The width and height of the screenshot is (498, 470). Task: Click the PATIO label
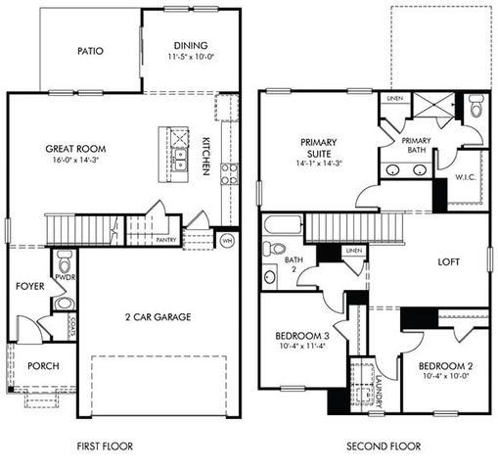(90, 52)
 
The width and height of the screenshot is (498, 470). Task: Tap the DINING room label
(191, 45)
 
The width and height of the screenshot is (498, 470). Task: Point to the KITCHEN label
(206, 155)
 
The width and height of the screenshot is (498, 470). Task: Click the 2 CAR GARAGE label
(157, 316)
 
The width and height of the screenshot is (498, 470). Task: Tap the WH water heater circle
(227, 240)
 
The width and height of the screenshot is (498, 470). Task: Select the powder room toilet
(65, 262)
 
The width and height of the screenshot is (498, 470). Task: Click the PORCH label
(43, 366)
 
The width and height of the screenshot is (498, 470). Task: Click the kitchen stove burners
(230, 174)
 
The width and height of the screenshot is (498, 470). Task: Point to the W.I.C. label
(466, 177)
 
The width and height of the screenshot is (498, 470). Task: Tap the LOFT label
(448, 262)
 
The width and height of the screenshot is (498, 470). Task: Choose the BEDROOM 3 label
(301, 338)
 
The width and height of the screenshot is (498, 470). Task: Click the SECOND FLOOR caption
(384, 446)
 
